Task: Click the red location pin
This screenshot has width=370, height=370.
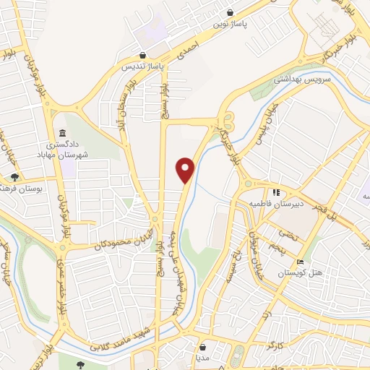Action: [186, 169]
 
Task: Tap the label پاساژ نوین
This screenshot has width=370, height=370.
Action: [230, 24]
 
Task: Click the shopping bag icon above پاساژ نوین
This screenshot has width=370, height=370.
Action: [230, 12]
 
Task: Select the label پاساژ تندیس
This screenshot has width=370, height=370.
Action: [142, 66]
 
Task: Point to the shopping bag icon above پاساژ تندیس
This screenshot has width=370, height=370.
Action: [142, 55]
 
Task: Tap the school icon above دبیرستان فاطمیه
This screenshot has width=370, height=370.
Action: [275, 193]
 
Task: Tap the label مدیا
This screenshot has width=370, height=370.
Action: [202, 357]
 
